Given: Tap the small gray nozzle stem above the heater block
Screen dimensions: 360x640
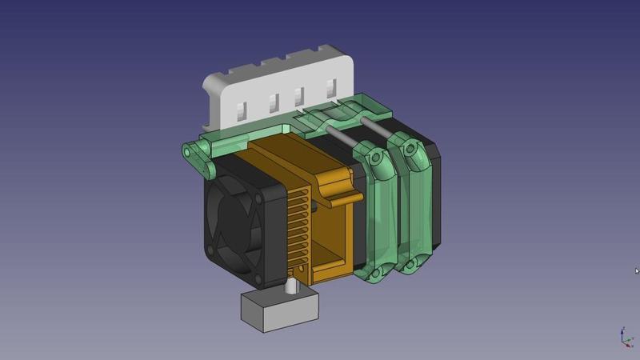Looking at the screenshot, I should point(290,284).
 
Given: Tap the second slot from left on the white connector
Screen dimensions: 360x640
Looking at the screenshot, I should point(272,102).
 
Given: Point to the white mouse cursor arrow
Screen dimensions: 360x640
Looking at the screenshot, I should point(637,270).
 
